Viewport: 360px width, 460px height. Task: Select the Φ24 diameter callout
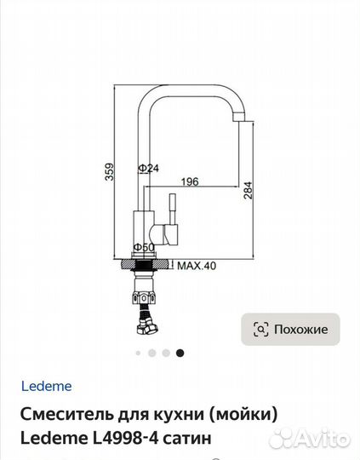[x=149, y=168]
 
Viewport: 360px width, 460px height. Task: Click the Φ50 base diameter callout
[x=146, y=248]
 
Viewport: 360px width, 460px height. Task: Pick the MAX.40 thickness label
[x=197, y=265]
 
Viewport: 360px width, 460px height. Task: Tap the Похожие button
[x=290, y=329]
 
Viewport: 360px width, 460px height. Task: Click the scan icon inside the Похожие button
[x=261, y=329]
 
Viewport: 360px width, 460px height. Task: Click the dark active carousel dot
[x=180, y=353]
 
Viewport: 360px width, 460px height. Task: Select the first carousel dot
[x=137, y=353]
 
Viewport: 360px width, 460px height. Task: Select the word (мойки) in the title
[x=243, y=415]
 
